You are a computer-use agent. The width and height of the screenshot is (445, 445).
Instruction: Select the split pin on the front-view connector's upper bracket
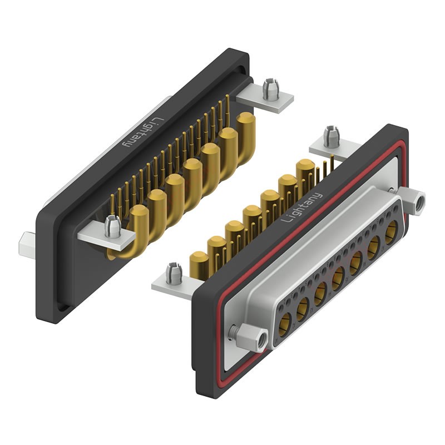(331, 137)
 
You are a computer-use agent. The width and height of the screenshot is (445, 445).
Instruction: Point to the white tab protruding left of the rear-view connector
(27, 243)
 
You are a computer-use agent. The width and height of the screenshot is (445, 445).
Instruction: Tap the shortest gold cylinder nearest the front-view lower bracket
(199, 265)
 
